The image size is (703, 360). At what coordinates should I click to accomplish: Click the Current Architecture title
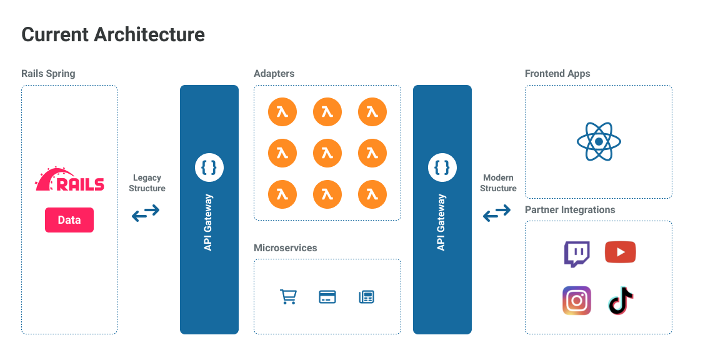pyautogui.click(x=113, y=34)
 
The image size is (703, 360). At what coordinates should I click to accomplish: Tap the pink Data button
pyautogui.click(x=69, y=220)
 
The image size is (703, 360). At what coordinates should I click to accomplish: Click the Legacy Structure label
pyautogui.click(x=147, y=183)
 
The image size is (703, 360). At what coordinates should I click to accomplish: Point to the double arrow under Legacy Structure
pyautogui.click(x=146, y=213)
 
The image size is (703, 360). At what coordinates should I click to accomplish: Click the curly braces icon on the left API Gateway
pyautogui.click(x=209, y=167)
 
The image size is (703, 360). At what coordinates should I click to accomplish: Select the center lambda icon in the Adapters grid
pyautogui.click(x=327, y=153)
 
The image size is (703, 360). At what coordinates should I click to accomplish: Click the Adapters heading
pyautogui.click(x=274, y=74)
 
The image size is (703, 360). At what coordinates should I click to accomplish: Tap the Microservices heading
pyautogui.click(x=285, y=248)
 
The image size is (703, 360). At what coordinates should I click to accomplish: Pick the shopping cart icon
pyautogui.click(x=288, y=297)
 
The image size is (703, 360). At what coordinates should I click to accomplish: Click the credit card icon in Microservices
pyautogui.click(x=327, y=297)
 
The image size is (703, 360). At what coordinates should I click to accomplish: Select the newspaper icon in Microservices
pyautogui.click(x=367, y=297)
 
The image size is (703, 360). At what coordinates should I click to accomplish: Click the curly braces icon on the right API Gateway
pyautogui.click(x=442, y=167)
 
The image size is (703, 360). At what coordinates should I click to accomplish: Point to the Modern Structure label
pyautogui.click(x=499, y=183)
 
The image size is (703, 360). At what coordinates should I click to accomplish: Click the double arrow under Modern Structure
pyautogui.click(x=497, y=214)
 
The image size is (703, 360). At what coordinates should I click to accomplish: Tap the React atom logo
pyautogui.click(x=599, y=141)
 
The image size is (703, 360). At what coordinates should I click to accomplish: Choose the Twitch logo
pyautogui.click(x=576, y=254)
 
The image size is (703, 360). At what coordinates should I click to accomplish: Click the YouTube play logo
pyautogui.click(x=621, y=252)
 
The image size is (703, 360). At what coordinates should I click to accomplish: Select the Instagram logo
pyautogui.click(x=576, y=301)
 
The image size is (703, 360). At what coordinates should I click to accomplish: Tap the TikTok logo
pyautogui.click(x=621, y=301)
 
